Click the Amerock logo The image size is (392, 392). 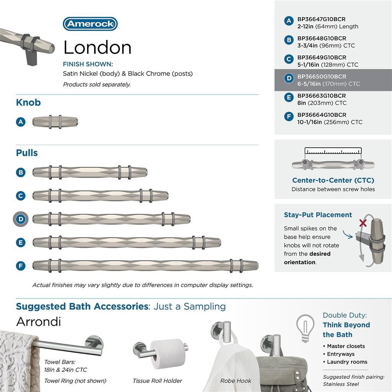coord(90,24)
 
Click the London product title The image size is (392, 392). coord(97,47)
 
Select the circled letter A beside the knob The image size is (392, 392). coord(21,122)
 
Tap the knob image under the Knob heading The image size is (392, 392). coord(55,122)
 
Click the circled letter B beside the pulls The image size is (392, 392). coord(21,172)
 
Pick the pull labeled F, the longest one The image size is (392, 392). coord(145,265)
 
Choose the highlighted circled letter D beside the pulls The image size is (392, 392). coord(21,219)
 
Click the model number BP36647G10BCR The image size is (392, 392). coord(322,19)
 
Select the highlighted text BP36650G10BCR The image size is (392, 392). coord(322,77)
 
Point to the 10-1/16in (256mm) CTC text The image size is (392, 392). coord(330,122)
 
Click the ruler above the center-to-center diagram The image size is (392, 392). coord(333,151)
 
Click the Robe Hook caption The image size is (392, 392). coord(236,381)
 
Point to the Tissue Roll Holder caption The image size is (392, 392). coord(157,381)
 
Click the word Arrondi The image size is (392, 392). coord(38,322)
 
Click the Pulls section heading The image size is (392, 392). coord(27,153)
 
